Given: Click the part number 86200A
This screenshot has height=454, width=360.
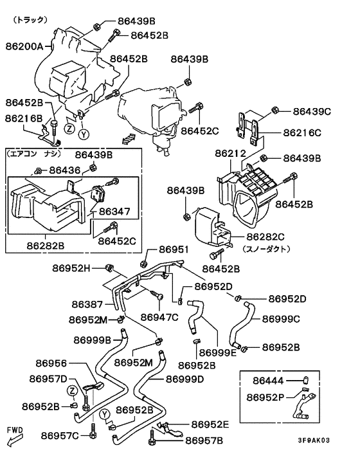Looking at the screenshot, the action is click(x=24, y=46).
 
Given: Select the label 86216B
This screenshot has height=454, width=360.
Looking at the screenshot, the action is click(x=24, y=118).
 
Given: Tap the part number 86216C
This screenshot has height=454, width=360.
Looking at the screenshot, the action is click(x=302, y=132).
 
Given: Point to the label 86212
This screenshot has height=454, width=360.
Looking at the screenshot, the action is click(x=230, y=153).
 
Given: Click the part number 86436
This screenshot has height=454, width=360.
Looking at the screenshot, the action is click(x=65, y=170).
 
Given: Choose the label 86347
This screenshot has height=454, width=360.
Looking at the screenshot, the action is click(x=114, y=211).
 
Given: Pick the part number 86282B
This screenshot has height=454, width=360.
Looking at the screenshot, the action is click(x=46, y=246).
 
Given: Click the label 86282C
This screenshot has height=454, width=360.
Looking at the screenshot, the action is click(x=265, y=237).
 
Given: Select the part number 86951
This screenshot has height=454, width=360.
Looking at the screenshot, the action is click(x=174, y=250).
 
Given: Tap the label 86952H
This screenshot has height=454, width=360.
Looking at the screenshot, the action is click(x=71, y=268).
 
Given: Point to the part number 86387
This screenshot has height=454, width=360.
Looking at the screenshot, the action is click(x=87, y=304).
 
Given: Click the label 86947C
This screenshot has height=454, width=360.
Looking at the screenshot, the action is click(x=159, y=317).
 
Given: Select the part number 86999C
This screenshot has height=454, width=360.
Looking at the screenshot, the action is click(x=281, y=319).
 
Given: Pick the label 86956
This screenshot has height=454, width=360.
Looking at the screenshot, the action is click(x=51, y=363).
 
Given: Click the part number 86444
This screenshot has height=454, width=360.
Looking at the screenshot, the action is click(x=268, y=381).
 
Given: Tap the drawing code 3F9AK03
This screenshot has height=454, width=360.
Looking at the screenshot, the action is click(x=314, y=440).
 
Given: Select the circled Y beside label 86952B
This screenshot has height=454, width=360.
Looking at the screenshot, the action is click(x=105, y=415).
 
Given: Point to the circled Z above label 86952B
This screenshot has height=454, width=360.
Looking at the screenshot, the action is click(x=73, y=391).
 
